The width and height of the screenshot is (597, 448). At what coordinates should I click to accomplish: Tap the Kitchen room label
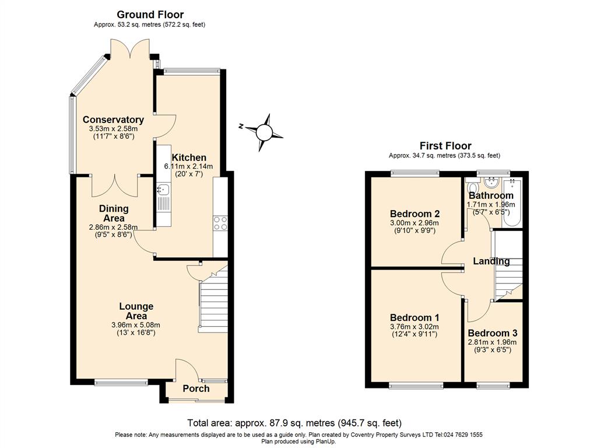[188, 157]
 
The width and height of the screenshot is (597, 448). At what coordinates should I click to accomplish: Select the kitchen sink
[162, 189]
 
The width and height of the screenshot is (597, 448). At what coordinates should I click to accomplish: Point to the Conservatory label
[113, 120]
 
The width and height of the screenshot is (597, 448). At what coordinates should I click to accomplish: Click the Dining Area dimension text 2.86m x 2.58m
[113, 228]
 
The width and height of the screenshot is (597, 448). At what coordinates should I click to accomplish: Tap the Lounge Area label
[136, 311]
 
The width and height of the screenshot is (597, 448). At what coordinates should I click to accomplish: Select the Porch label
[196, 388]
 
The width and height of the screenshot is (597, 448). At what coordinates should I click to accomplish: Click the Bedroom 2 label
[415, 213]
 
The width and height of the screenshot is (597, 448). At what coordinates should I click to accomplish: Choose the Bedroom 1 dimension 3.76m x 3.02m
[415, 327]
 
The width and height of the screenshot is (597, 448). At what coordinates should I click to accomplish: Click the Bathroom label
[491, 195]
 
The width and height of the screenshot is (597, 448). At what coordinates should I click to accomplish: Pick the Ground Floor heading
[150, 15]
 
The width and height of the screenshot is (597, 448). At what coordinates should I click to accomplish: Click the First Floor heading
[445, 146]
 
